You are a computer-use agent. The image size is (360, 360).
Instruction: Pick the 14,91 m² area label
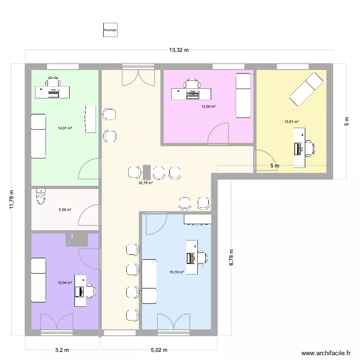pos(65,128)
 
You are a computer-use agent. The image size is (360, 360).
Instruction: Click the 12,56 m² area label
pos(208,107)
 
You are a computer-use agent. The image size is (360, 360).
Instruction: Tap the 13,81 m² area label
pos(291,122)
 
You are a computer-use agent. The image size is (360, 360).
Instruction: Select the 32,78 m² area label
pos(145,182)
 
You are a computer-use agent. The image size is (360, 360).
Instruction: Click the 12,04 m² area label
pos(65,283)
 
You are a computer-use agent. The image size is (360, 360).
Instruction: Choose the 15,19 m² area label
pos(176,272)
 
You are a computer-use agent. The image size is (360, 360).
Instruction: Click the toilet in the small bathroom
pos(42,196)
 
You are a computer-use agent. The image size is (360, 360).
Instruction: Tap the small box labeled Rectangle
pos(110,30)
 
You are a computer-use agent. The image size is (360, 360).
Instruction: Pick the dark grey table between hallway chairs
pos(146,172)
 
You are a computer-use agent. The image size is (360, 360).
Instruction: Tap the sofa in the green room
pos(38,135)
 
